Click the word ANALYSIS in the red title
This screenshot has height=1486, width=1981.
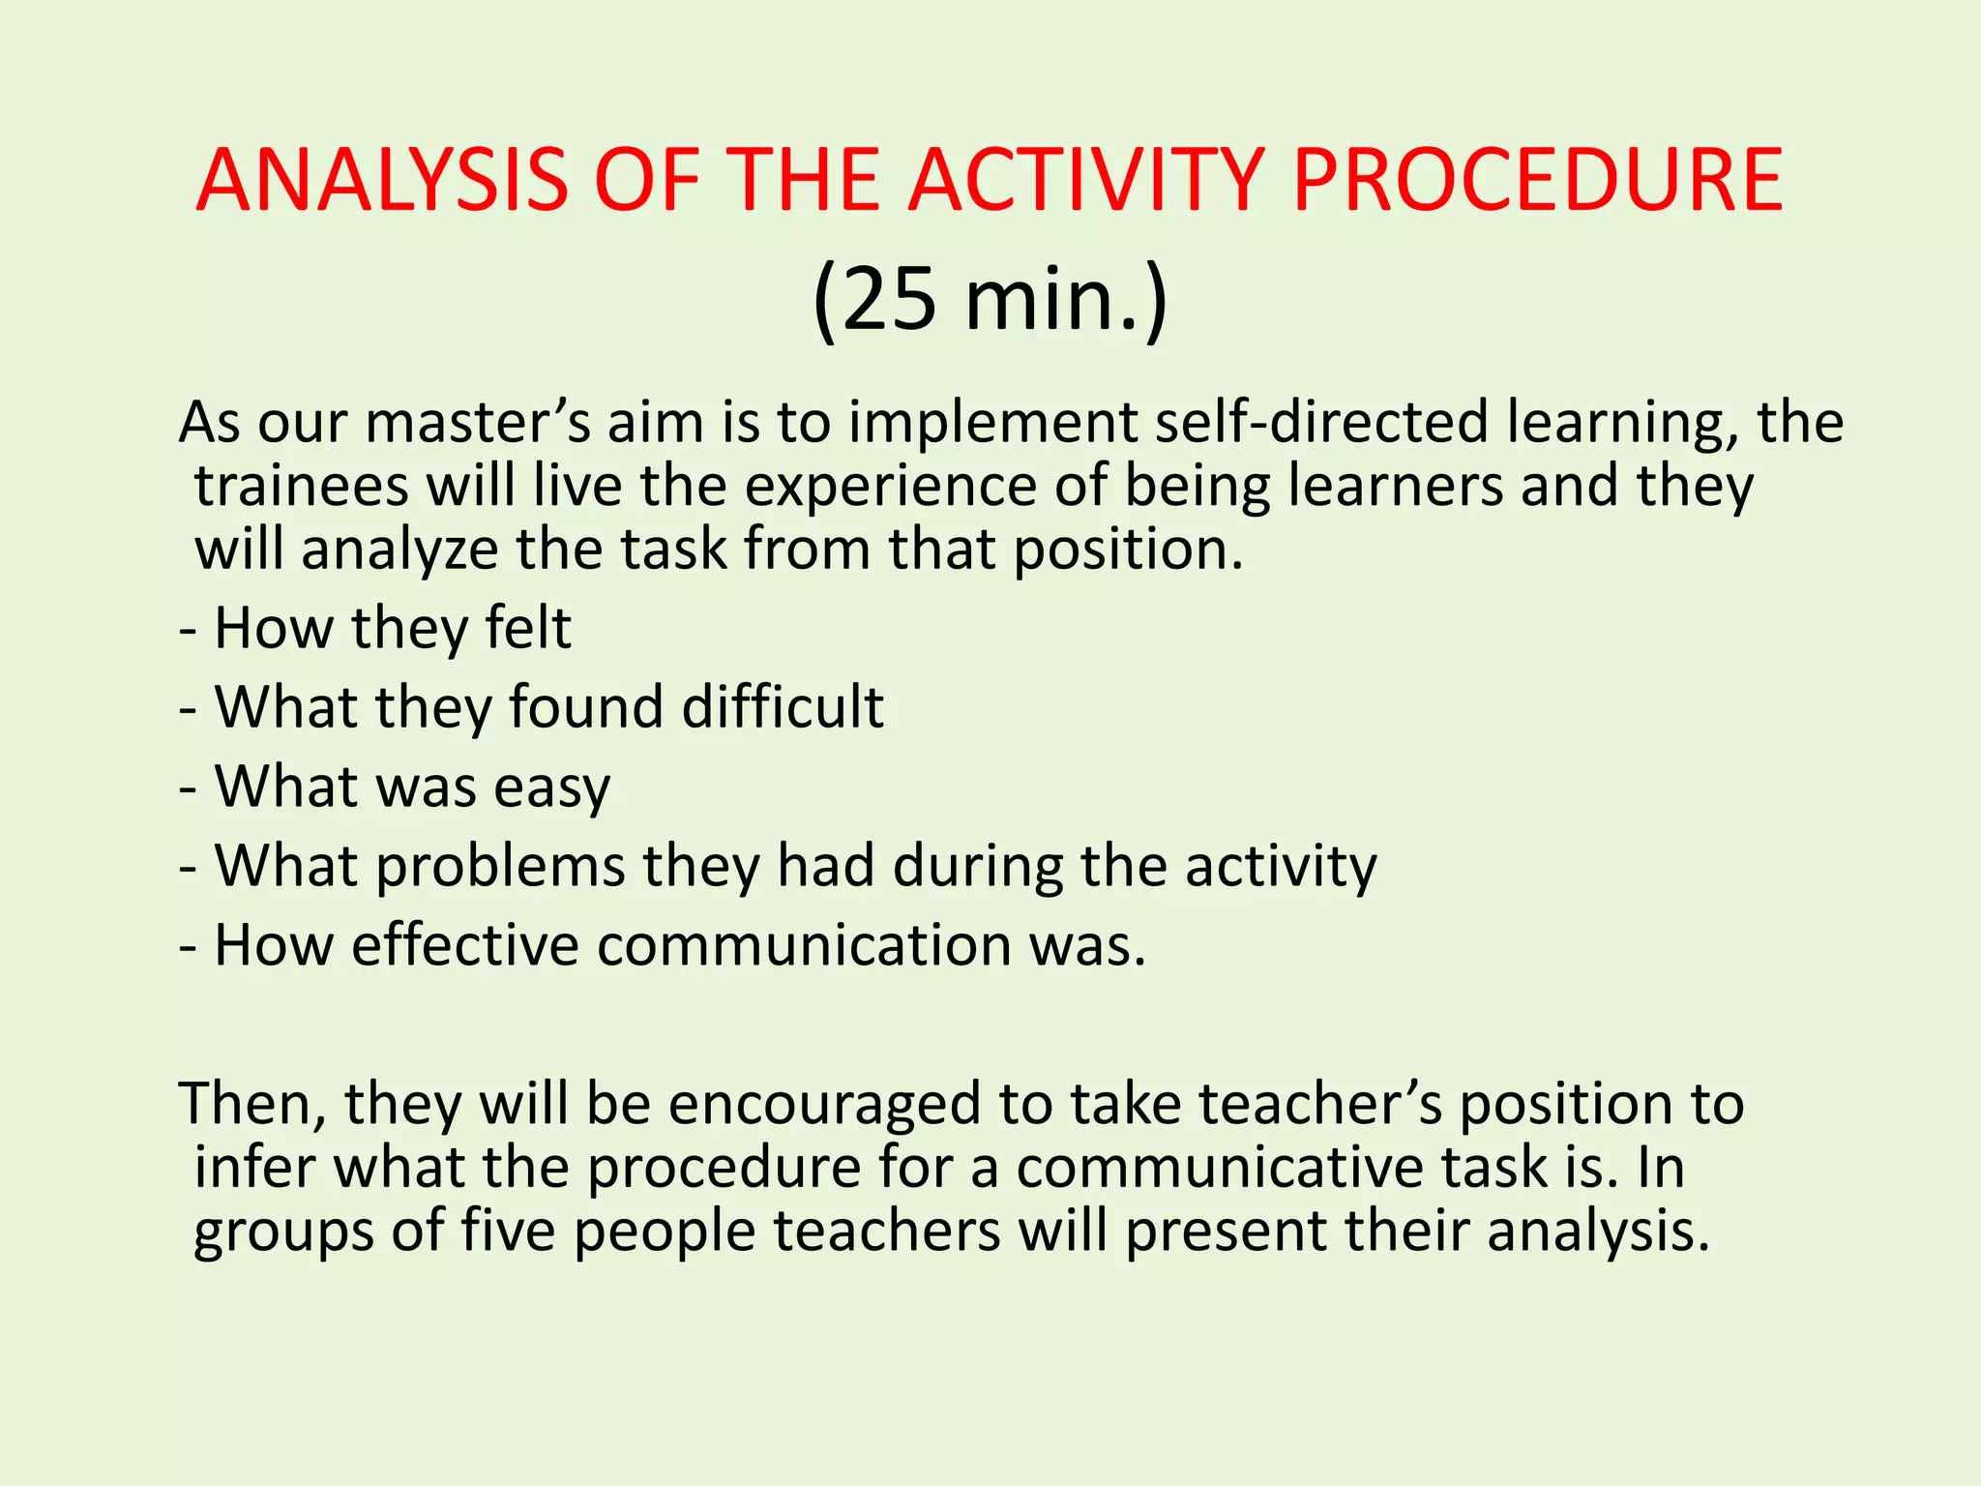point(382,181)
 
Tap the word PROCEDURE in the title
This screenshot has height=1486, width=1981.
point(1537,181)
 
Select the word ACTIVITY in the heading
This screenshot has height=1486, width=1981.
point(1085,181)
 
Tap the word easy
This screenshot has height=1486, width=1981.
point(552,788)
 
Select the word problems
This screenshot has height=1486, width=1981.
point(501,866)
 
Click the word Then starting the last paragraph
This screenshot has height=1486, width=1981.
point(252,1104)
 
